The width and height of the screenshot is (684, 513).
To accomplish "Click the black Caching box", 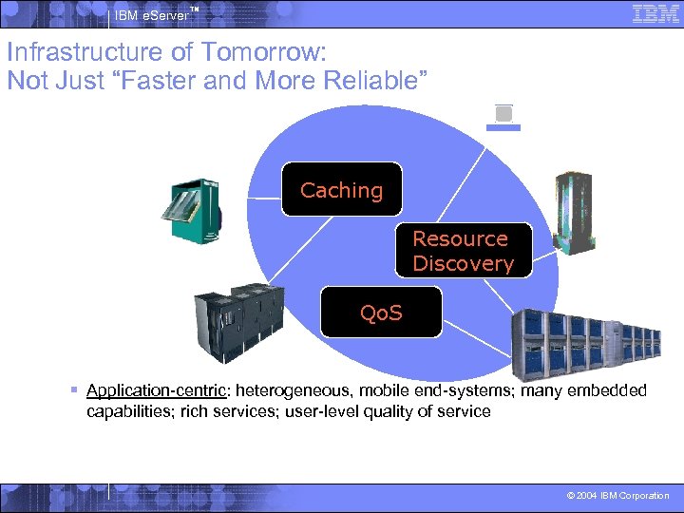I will [x=342, y=189].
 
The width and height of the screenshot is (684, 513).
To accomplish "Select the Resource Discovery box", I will [x=463, y=251].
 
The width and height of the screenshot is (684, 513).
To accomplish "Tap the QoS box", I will [x=381, y=312].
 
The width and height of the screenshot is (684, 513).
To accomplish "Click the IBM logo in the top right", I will [x=655, y=14].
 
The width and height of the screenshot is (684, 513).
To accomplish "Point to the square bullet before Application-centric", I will [x=74, y=390].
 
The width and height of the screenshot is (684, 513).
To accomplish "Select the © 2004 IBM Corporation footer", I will [x=617, y=496].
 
